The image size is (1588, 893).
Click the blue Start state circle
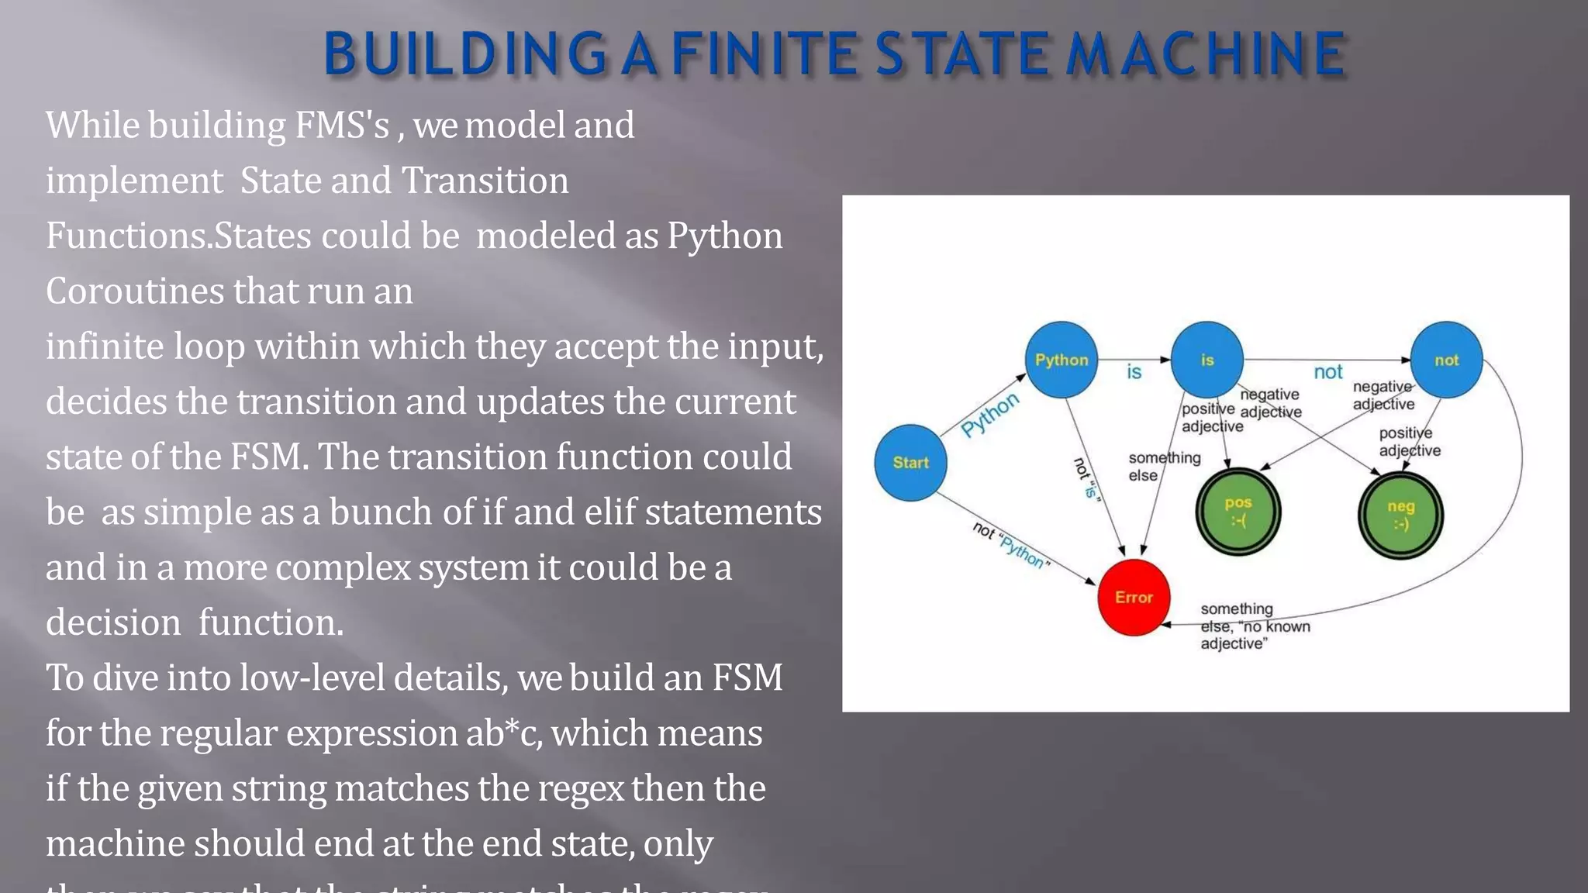coord(910,463)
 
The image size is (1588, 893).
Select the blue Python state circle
coord(1061,360)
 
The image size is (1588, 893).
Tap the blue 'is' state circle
coord(1207,360)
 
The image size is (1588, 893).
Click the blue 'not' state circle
coord(1446,360)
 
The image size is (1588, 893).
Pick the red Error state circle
coord(1134,597)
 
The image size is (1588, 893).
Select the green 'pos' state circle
coord(1238,512)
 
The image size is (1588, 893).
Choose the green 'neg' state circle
coord(1400,515)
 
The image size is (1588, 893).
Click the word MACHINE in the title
coord(1206,54)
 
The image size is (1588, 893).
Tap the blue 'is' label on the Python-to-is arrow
coord(1134,373)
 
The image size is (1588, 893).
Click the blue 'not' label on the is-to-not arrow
coord(1327,373)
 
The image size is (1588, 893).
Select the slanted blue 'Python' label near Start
coord(990,416)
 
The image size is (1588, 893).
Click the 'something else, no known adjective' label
coord(1254,626)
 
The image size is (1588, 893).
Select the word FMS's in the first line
coord(341,126)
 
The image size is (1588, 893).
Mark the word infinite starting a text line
coord(104,347)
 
